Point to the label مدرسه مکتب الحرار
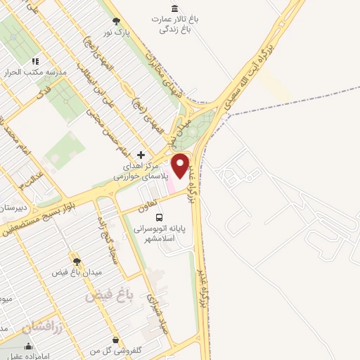(x=39, y=72)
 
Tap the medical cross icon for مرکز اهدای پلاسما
(x=141, y=155)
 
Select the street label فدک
(x=44, y=92)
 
